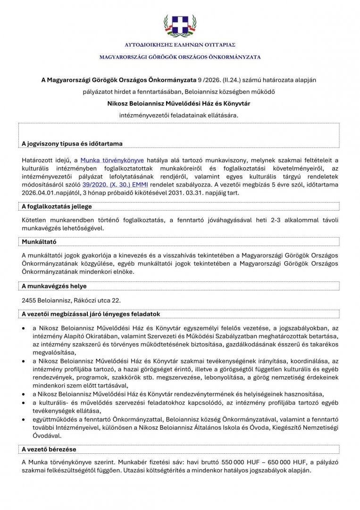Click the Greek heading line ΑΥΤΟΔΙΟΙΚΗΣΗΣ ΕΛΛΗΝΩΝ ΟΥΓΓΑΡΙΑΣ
pyautogui.click(x=180, y=45)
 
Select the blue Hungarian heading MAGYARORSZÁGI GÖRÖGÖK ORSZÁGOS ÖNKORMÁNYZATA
pyautogui.click(x=180, y=57)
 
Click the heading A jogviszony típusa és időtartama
pyautogui.click(x=72, y=143)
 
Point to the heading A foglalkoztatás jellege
pyautogui.click(x=57, y=206)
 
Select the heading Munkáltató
pyautogui.click(x=39, y=241)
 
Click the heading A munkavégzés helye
pyautogui.click(x=54, y=286)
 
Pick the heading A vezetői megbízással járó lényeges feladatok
pyautogui.click(x=92, y=314)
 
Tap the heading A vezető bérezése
pyautogui.click(x=49, y=449)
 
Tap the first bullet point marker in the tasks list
pyautogui.click(x=24, y=328)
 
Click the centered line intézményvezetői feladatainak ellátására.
pyautogui.click(x=180, y=114)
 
